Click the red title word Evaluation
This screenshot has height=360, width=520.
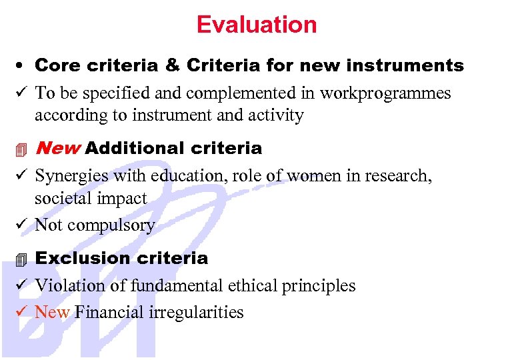click(x=257, y=25)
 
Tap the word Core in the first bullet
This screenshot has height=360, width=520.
click(x=54, y=65)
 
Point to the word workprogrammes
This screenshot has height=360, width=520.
click(x=385, y=93)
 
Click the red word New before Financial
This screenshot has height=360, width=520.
click(x=52, y=312)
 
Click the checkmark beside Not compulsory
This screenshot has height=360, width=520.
click(x=21, y=225)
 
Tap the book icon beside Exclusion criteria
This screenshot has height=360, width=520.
click(x=21, y=259)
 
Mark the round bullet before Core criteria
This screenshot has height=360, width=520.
click(x=21, y=66)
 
